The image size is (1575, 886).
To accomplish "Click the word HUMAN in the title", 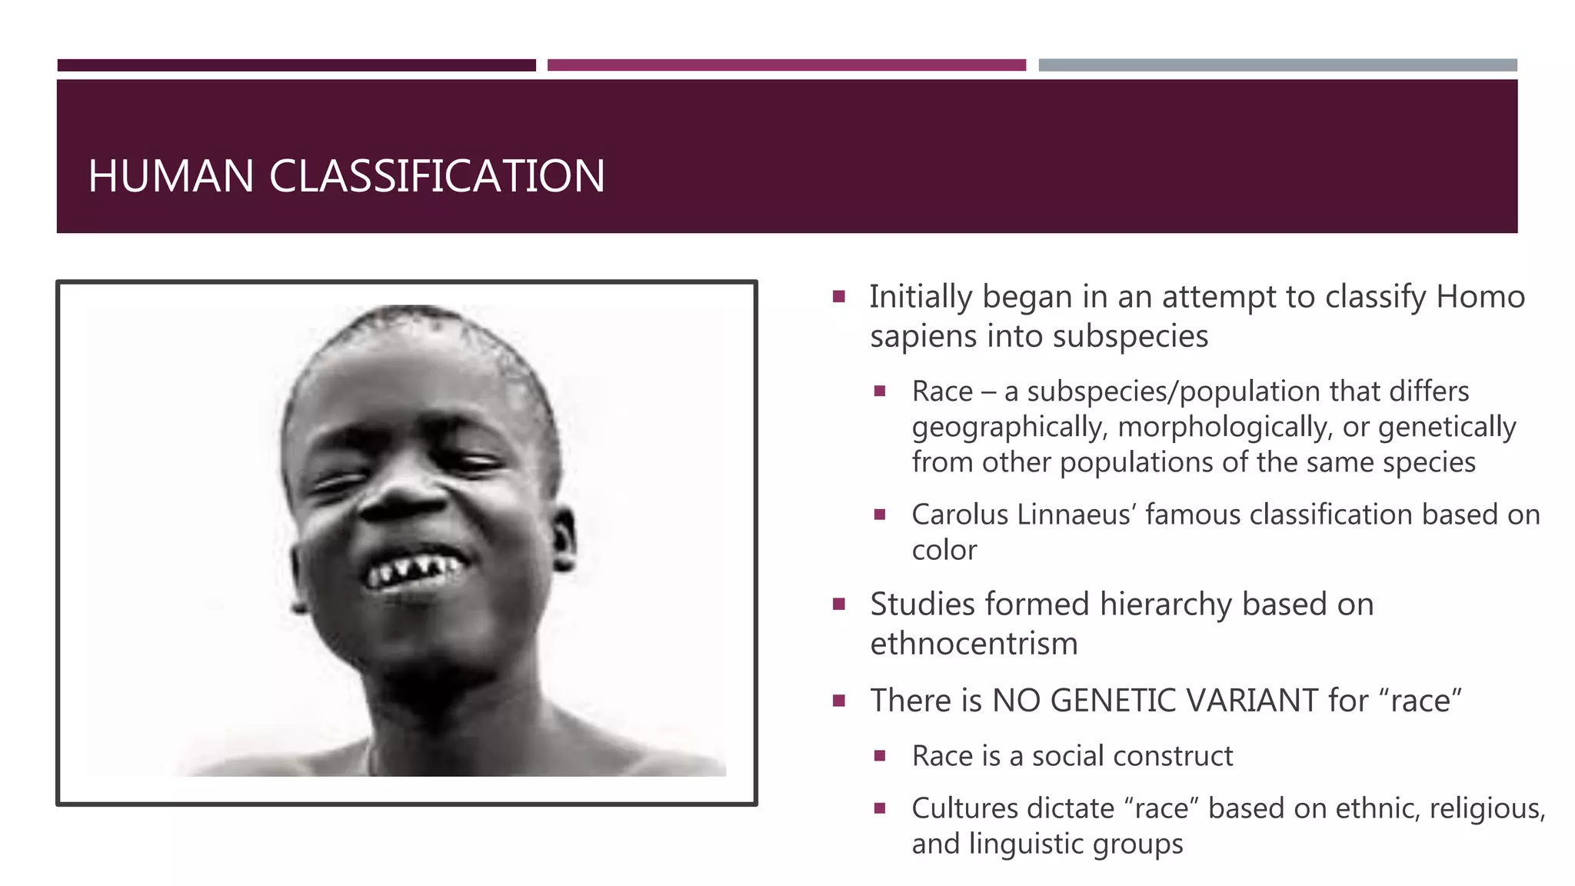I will [x=171, y=176].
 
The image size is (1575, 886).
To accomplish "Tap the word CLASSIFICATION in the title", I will [x=437, y=176].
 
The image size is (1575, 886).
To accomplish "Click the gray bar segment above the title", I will [x=1277, y=65].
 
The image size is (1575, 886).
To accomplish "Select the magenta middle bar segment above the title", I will [x=786, y=65].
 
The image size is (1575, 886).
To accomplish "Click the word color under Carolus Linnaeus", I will [x=944, y=551].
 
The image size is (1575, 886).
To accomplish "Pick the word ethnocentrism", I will [x=974, y=645].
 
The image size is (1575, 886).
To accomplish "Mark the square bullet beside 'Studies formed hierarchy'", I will [x=839, y=605].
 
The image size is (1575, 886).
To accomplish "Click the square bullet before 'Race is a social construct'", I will [x=880, y=756].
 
